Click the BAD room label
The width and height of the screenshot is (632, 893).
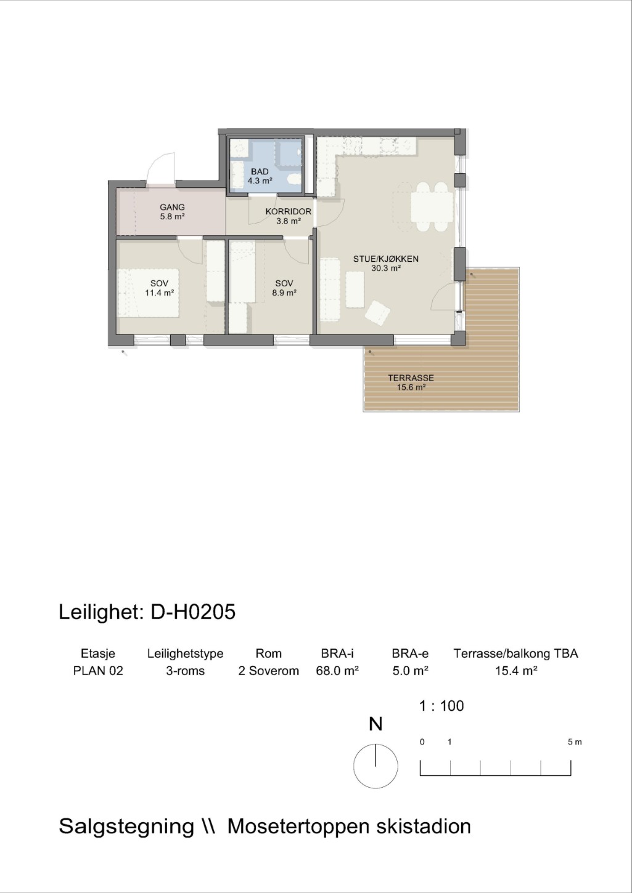click(260, 172)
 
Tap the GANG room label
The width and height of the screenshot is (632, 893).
click(172, 208)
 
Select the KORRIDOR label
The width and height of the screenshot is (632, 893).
click(288, 212)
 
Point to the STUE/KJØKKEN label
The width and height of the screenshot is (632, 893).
click(385, 259)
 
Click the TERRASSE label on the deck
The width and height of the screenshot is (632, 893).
click(411, 378)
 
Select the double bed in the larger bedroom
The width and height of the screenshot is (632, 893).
click(148, 293)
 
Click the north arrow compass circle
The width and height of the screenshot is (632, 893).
click(376, 766)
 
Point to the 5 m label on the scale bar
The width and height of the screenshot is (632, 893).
click(575, 742)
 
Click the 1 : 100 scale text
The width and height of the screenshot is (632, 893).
click(441, 706)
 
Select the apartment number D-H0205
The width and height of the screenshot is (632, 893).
click(193, 612)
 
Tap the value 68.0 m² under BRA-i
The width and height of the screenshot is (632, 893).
click(337, 671)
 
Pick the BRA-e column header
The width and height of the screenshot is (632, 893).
click(410, 653)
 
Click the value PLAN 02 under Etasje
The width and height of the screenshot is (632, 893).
click(98, 671)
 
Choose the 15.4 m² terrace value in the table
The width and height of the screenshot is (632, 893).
click(516, 671)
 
